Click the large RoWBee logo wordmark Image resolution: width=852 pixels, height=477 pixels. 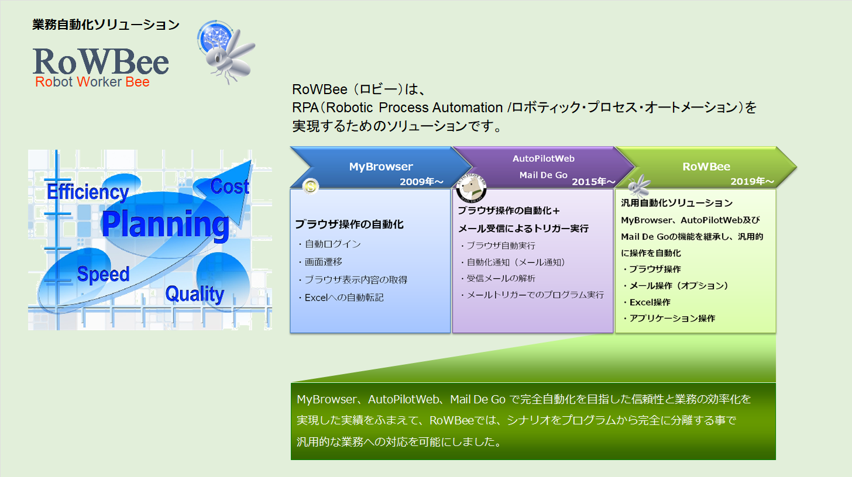coord(101,61)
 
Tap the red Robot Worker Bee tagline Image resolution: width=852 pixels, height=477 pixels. coord(92,82)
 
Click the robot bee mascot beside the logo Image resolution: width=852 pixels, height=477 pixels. coord(226,52)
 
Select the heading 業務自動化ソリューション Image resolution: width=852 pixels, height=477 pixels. coord(106,25)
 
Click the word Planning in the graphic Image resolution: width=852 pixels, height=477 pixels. coord(166,224)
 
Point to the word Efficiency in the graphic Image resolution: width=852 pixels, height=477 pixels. coord(88,192)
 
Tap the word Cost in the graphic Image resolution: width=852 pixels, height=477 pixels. coord(230,186)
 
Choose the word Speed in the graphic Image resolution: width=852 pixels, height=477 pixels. coord(103,274)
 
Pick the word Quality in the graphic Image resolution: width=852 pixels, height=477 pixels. coord(195,294)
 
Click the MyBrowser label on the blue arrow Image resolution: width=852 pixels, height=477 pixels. coord(381,167)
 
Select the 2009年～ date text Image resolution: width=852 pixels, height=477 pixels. coord(421,182)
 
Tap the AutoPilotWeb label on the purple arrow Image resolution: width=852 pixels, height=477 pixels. coord(543,158)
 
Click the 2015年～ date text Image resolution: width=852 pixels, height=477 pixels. coord(593,182)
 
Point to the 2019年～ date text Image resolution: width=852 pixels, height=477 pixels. coord(752,181)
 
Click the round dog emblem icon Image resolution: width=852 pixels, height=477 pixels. coord(471,188)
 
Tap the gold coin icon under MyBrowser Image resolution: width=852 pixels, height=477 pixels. coord(310,186)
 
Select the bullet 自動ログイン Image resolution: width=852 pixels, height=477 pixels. coord(329,244)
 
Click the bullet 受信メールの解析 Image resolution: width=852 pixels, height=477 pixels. coord(498,279)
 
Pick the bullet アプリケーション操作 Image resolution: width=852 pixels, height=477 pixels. coord(669,319)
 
